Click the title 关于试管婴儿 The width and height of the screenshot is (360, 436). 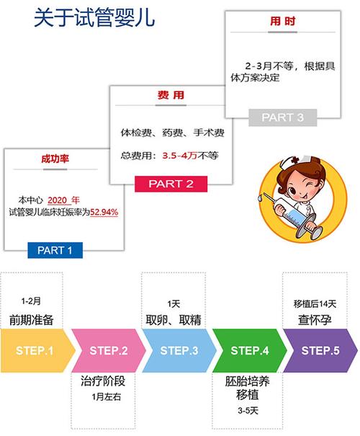coord(94,18)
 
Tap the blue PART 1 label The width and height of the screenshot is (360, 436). coord(55,250)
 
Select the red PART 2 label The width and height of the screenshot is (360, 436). coord(171,184)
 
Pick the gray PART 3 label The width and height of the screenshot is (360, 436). coord(282,117)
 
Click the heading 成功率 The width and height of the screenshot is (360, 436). coord(55,159)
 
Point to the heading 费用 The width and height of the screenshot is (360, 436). coord(171,95)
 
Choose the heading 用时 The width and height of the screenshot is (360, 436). coord(282,21)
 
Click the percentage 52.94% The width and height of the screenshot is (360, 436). coord(104,212)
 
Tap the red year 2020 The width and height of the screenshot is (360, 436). coord(57,200)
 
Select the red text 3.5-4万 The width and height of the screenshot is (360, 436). coord(180,156)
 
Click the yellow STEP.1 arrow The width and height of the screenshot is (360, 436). coord(37,350)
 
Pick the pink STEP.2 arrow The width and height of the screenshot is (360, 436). coord(108,350)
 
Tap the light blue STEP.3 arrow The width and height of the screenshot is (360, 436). coord(179,350)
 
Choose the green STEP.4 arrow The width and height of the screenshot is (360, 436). coord(250,350)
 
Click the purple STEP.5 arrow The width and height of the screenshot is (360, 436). coord(320,350)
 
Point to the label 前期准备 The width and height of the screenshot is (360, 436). coord(32,320)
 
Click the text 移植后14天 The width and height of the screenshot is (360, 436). coord(315,304)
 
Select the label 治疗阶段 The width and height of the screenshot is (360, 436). coord(103,381)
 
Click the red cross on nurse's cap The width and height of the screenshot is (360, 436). coord(294,160)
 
